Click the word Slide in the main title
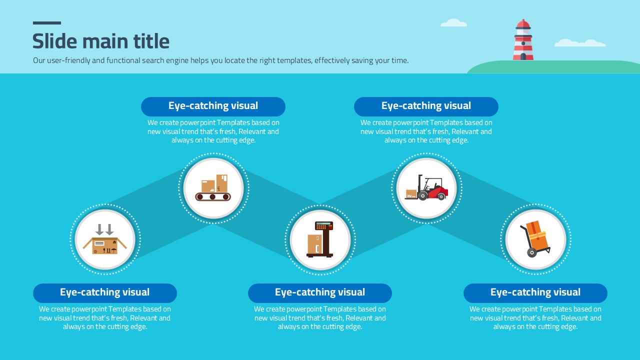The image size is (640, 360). tap(55, 41)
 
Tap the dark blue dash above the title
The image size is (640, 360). tap(47, 23)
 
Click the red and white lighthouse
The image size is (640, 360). tap(523, 39)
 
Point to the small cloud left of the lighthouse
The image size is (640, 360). tap(453, 23)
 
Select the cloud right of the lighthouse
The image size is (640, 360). tap(580, 43)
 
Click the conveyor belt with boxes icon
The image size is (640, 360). tap(213, 187)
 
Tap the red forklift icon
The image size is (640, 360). tap(426, 187)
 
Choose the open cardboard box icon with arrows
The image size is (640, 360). tap(105, 239)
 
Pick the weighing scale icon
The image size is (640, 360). tap(320, 239)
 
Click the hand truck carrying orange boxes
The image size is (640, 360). tap(535, 239)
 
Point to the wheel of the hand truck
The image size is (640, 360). tap(531, 252)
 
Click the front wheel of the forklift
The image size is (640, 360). tap(422, 195)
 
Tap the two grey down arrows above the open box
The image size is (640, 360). tap(104, 229)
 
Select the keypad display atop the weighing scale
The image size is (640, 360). tap(324, 225)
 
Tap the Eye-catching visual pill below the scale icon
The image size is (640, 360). tap(320, 293)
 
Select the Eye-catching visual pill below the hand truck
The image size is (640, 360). tap(535, 293)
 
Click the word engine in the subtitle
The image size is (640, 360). tap(177, 61)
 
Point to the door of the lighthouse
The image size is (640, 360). tap(523, 56)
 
